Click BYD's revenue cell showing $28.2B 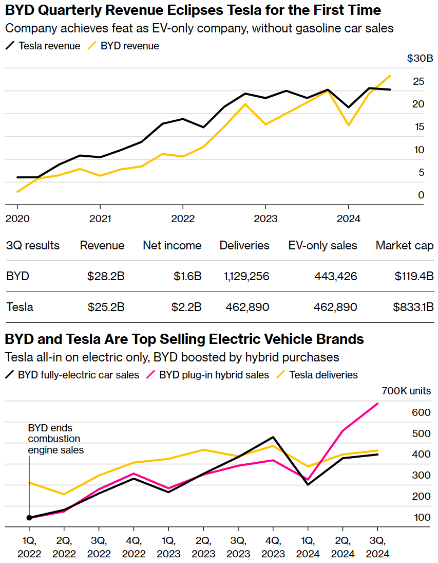(x=106, y=276)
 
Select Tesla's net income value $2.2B (x=186, y=307)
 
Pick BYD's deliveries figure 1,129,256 (x=246, y=276)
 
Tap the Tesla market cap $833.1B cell (x=413, y=307)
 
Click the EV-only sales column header (x=322, y=245)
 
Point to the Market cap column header (x=405, y=245)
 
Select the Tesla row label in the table (x=20, y=307)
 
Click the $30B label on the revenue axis (x=420, y=59)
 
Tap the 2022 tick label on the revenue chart (x=182, y=219)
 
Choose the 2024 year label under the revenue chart (x=348, y=219)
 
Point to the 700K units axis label (x=407, y=391)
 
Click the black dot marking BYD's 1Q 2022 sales (x=29, y=518)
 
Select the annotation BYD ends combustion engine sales (x=55, y=439)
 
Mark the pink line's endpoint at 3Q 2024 (x=378, y=404)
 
